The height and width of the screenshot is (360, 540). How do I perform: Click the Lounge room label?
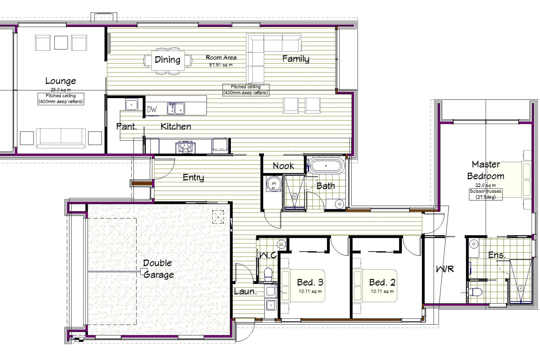click(x=60, y=81)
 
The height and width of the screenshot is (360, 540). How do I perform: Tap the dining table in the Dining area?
click(x=168, y=60)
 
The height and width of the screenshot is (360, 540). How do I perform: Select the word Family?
click(x=296, y=59)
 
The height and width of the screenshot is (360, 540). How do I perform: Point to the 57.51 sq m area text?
click(x=221, y=65)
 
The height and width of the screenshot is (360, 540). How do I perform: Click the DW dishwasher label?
click(x=152, y=109)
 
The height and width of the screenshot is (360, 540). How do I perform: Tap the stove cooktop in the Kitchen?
click(x=184, y=147)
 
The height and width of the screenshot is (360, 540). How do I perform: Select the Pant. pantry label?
click(x=127, y=126)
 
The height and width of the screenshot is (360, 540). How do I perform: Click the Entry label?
click(x=193, y=177)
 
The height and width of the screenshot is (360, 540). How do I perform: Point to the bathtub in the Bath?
click(x=326, y=166)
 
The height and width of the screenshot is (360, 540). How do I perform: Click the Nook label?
click(x=283, y=166)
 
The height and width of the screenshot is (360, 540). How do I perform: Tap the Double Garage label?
click(x=158, y=269)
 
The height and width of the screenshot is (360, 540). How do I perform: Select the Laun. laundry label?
click(x=245, y=291)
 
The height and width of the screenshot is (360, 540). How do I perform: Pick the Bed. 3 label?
click(x=310, y=282)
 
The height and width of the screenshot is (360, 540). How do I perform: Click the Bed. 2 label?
click(x=382, y=282)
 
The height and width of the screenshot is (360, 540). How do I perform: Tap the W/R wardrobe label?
click(x=445, y=269)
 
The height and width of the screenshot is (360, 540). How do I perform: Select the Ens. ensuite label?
click(x=497, y=255)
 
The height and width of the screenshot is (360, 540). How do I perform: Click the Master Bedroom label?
click(x=486, y=170)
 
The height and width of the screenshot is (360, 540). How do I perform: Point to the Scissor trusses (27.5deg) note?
click(x=485, y=194)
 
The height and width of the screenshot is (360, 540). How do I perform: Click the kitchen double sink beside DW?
click(x=176, y=109)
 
